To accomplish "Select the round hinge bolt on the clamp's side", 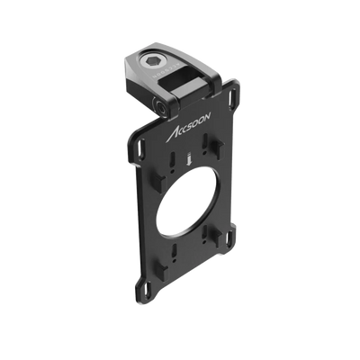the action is [159, 107].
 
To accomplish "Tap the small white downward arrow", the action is [189, 158].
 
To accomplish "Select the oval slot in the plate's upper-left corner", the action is [140, 145].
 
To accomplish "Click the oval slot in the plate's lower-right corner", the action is [230, 238].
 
